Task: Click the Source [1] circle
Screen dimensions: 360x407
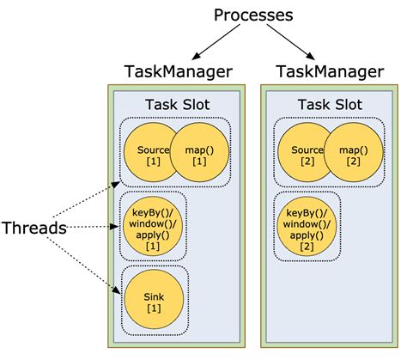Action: coord(151,154)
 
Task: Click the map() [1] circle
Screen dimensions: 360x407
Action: coord(200,154)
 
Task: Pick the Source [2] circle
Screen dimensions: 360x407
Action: coord(306,154)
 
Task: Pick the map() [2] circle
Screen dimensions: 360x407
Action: coord(354,154)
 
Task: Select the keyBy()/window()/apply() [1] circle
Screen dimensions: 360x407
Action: coord(152,228)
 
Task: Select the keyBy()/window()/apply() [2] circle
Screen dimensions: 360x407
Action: coord(307,228)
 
